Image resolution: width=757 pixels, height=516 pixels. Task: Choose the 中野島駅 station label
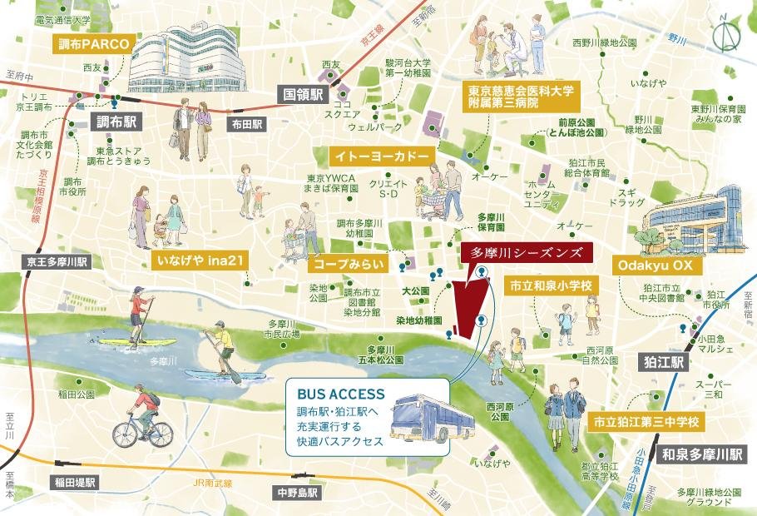coord(296,493)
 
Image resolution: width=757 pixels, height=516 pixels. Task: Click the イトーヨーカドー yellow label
coord(382,156)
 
